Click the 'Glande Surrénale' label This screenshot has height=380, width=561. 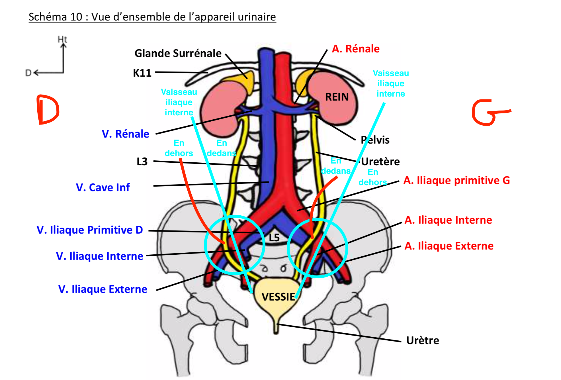(x=178, y=53)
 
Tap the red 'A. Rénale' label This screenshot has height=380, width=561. (x=356, y=49)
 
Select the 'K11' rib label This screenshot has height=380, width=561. (x=142, y=73)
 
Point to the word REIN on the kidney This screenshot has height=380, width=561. (x=337, y=97)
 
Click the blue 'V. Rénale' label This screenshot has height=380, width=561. (x=125, y=134)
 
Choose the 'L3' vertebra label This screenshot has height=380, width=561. (x=142, y=162)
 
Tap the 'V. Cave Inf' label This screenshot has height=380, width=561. (x=103, y=187)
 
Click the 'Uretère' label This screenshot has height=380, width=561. (x=380, y=162)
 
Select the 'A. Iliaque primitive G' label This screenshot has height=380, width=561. (x=456, y=180)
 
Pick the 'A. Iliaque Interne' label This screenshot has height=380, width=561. (x=448, y=220)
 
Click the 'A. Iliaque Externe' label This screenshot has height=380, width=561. (x=449, y=246)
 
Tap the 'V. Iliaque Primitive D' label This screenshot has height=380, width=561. (x=90, y=230)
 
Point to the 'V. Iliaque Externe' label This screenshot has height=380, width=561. (x=103, y=289)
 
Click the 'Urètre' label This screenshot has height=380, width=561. (x=423, y=340)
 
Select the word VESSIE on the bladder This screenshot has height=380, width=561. (x=278, y=297)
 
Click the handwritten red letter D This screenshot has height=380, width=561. (x=48, y=110)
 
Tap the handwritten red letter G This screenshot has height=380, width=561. (x=488, y=113)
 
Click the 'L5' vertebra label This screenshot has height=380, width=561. (x=274, y=238)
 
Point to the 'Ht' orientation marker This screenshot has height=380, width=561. (x=62, y=39)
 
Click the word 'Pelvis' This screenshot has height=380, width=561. (x=375, y=140)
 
